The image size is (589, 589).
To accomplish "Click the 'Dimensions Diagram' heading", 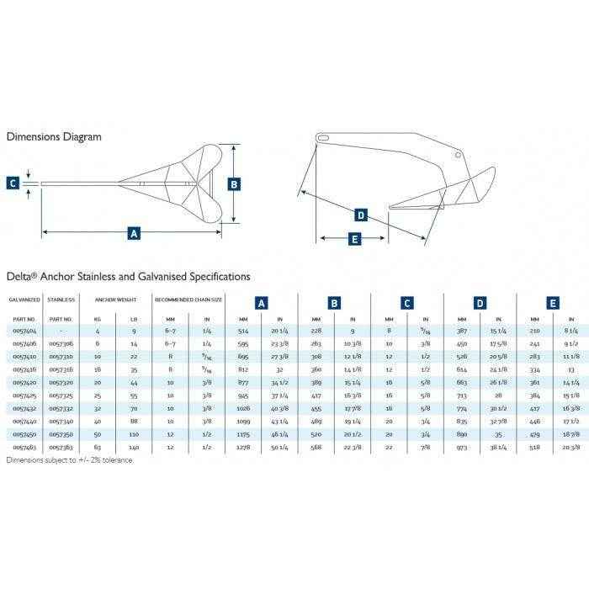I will click(x=54, y=136).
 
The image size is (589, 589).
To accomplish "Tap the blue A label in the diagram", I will click(x=132, y=233).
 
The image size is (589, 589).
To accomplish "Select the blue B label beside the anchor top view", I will click(x=235, y=183).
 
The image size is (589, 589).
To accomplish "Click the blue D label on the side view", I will click(x=361, y=215).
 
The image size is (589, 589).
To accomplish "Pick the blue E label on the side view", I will click(x=353, y=239).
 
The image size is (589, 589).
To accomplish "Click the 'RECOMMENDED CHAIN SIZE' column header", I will click(x=188, y=300).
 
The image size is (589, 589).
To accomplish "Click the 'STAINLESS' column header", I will click(x=61, y=300).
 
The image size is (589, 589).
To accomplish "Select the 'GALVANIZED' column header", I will click(x=23, y=300).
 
